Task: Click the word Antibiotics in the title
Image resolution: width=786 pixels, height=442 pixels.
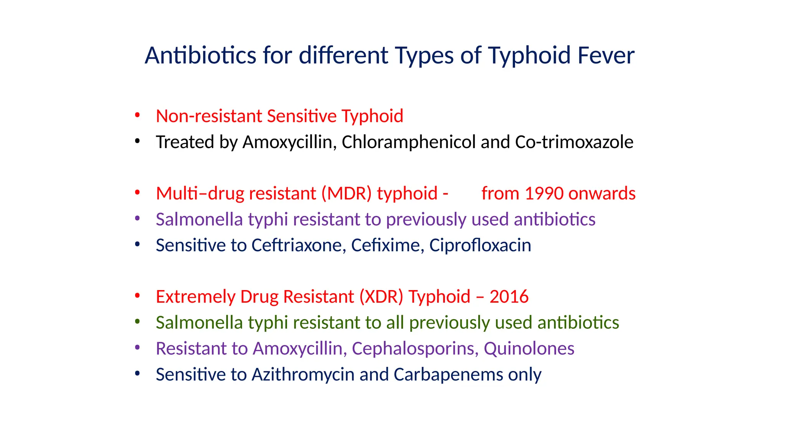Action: (200, 55)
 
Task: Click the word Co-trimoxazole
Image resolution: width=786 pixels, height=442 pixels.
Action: (574, 142)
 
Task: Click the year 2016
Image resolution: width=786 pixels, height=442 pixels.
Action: (509, 297)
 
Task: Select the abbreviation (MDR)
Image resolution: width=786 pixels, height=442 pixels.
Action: (347, 193)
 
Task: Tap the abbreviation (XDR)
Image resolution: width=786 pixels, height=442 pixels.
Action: (381, 297)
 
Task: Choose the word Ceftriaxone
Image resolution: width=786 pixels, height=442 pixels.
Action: (299, 245)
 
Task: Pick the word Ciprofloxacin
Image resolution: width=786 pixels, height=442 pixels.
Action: (480, 245)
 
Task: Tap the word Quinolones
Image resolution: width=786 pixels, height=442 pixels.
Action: (529, 349)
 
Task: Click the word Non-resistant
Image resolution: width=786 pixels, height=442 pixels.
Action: (209, 116)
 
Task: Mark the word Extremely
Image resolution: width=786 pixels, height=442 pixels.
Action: (195, 297)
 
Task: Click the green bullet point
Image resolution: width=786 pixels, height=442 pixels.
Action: (137, 322)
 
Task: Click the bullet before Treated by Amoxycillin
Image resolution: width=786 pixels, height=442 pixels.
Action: (137, 142)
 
